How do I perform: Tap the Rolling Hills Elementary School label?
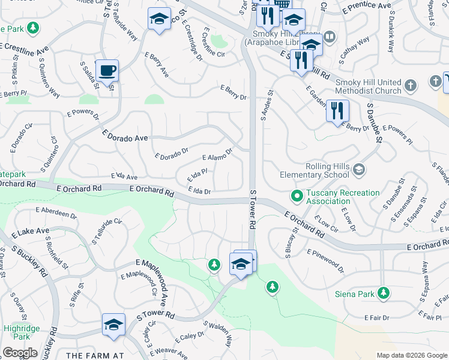click(x=314, y=171)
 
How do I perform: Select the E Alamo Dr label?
click(x=217, y=155)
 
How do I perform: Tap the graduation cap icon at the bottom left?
click(x=113, y=324)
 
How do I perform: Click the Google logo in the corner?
click(x=20, y=353)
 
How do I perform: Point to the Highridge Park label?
click(x=22, y=332)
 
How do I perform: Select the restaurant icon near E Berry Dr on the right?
click(x=337, y=110)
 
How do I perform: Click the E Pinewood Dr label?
click(x=325, y=262)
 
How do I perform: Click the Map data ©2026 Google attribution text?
click(x=412, y=355)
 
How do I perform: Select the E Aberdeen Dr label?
click(x=56, y=212)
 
